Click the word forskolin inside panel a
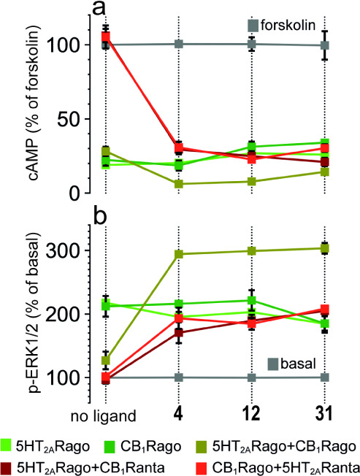tap(289, 26)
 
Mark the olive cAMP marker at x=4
tap(177, 184)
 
